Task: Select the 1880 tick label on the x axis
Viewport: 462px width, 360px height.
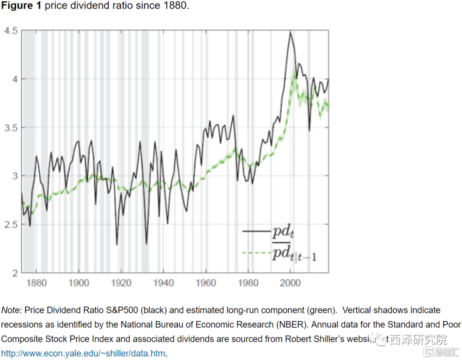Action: [37, 283]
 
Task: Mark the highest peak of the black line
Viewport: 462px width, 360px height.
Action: [290, 32]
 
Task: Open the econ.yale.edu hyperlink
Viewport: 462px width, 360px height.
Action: [83, 353]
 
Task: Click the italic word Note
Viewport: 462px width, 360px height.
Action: [12, 310]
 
